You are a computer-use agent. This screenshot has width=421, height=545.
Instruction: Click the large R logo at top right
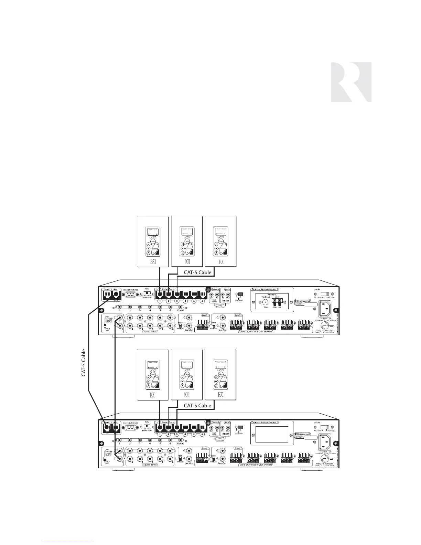click(351, 82)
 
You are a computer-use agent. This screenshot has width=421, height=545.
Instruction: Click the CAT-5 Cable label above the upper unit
click(197, 272)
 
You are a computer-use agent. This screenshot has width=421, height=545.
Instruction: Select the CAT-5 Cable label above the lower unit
click(197, 405)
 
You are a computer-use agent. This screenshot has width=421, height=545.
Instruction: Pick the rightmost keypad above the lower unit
click(220, 374)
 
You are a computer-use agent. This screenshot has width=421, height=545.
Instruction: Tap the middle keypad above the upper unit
click(186, 241)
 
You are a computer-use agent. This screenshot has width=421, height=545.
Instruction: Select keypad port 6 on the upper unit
click(202, 295)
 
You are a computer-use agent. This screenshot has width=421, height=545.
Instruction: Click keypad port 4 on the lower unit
click(185, 428)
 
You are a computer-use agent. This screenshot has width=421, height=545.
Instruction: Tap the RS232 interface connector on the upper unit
click(131, 295)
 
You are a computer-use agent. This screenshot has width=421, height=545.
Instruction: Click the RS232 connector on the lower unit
click(131, 428)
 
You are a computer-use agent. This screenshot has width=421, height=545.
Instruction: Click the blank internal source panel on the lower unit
click(272, 434)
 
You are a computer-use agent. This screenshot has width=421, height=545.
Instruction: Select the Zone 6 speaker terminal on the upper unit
click(304, 324)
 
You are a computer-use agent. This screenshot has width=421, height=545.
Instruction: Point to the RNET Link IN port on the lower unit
click(107, 428)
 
